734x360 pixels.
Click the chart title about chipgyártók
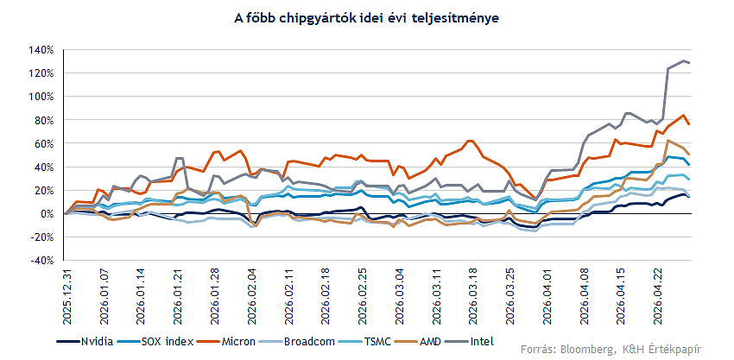(x=366, y=17)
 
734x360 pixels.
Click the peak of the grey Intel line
(x=684, y=61)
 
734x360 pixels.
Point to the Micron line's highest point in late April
(x=684, y=115)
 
